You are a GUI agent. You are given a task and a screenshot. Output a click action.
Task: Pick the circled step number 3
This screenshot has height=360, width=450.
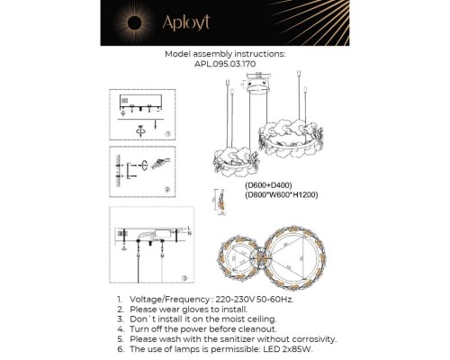click(184, 278)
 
